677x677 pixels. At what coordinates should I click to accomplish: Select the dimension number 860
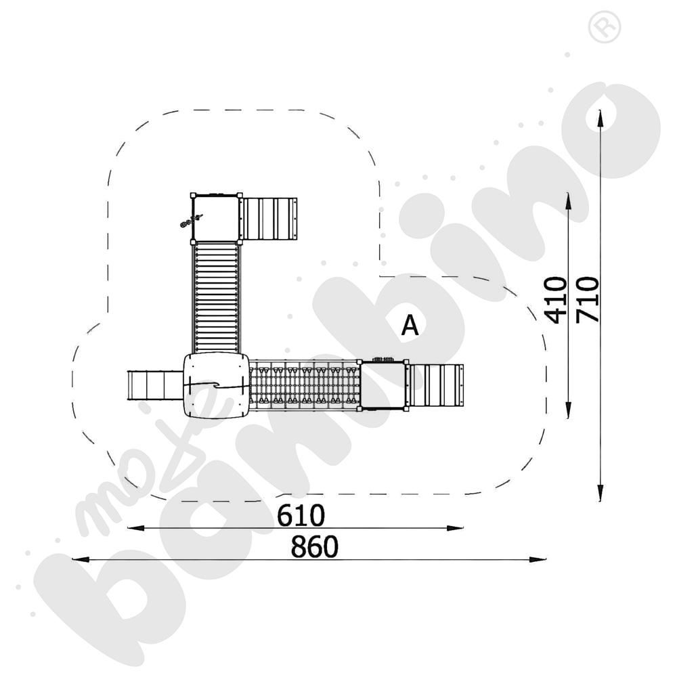tap(314, 546)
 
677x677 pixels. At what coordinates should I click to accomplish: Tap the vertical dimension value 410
tap(556, 300)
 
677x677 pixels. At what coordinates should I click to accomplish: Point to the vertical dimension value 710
tap(588, 300)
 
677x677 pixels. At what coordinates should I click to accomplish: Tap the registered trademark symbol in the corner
tap(605, 27)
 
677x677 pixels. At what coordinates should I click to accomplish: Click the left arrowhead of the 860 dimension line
tap(81, 560)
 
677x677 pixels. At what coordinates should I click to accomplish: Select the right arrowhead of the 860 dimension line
tap(538, 560)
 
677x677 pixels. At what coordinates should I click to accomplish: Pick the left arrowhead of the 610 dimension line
tap(136, 528)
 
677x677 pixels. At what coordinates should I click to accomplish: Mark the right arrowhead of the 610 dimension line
tap(455, 528)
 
